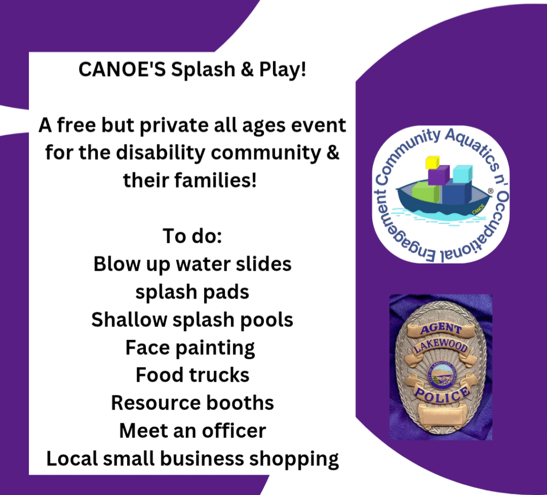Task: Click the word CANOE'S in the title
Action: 122,69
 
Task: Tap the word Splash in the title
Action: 203,69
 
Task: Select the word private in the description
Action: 174,126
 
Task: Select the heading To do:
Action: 192,236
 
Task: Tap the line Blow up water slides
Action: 192,264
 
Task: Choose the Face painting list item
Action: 190,348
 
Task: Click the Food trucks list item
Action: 192,375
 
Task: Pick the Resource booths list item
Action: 192,403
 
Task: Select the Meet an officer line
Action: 192,431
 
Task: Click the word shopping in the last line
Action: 294,459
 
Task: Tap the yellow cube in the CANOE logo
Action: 433,163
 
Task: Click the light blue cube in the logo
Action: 463,174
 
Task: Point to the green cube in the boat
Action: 426,193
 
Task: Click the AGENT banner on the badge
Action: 441,329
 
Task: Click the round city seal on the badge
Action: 441,375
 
